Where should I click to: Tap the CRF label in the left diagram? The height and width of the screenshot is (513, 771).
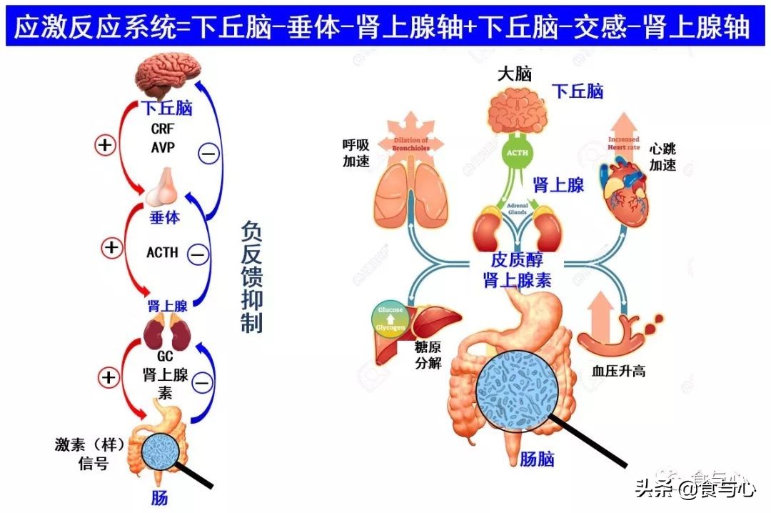[163, 129]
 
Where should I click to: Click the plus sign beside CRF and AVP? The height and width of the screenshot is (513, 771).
[105, 146]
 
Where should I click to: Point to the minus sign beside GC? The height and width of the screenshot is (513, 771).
[203, 382]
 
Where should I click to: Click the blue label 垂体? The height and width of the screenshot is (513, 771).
[164, 218]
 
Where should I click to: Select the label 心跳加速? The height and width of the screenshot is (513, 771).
[662, 156]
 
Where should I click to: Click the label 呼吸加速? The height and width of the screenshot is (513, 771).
[356, 153]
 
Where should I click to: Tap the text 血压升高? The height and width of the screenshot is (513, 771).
[619, 371]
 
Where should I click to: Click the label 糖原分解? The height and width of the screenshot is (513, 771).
[428, 354]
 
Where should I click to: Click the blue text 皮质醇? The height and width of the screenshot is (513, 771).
[516, 261]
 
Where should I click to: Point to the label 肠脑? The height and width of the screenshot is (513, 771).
[537, 458]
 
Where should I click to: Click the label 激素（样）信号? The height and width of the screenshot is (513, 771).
[91, 454]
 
